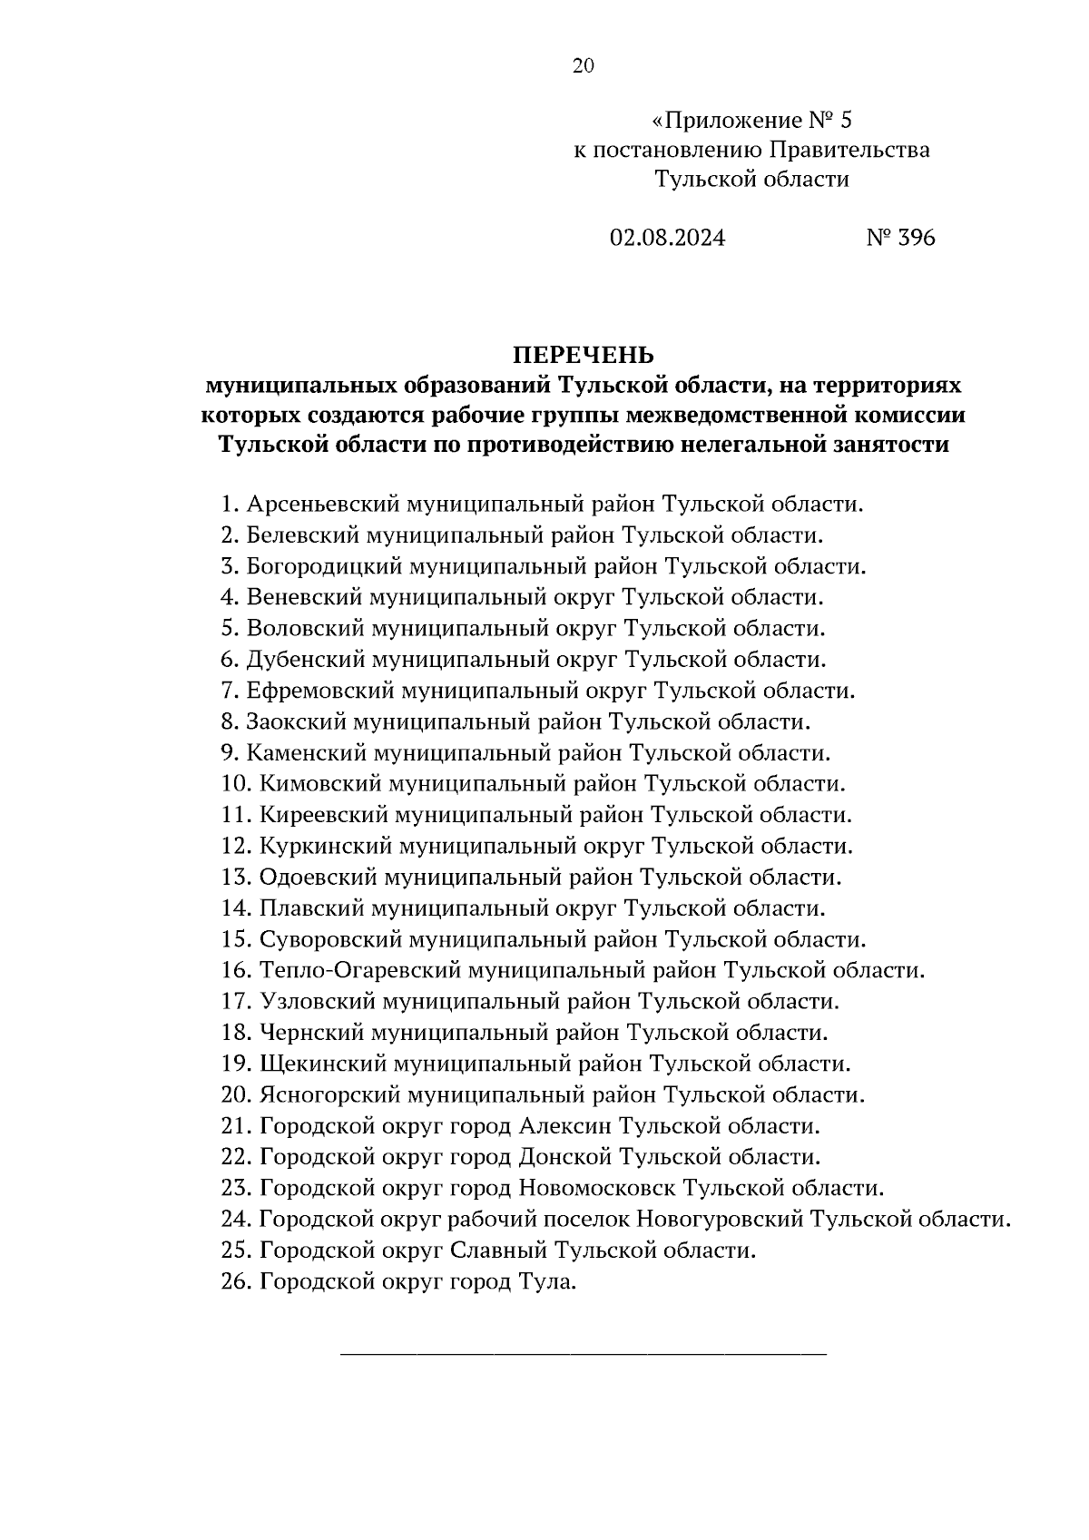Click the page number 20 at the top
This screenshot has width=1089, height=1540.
[583, 65]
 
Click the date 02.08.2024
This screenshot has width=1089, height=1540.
[667, 238]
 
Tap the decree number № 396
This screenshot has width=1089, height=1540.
[900, 238]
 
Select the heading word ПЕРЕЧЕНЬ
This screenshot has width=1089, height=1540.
[584, 355]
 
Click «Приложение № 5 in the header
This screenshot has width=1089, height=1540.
[752, 120]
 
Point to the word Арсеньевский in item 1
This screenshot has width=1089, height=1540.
[323, 505]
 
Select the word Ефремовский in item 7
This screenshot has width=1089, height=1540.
[319, 692]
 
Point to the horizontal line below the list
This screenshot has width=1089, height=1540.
[584, 1355]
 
